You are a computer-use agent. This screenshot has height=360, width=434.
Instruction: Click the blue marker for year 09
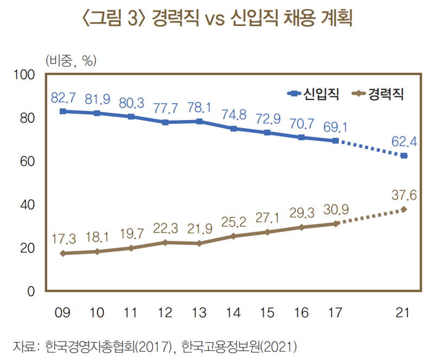[x=63, y=111]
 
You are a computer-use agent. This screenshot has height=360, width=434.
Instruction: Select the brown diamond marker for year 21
[x=403, y=210]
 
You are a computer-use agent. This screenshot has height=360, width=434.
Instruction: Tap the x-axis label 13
[x=199, y=312]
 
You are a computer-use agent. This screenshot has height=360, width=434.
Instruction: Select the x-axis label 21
[x=403, y=312]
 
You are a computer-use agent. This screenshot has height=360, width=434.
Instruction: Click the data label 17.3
[x=63, y=237]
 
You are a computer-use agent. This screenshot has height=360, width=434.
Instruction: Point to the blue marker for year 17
[x=336, y=141]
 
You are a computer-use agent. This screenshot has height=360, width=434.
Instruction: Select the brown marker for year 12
[x=165, y=242]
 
